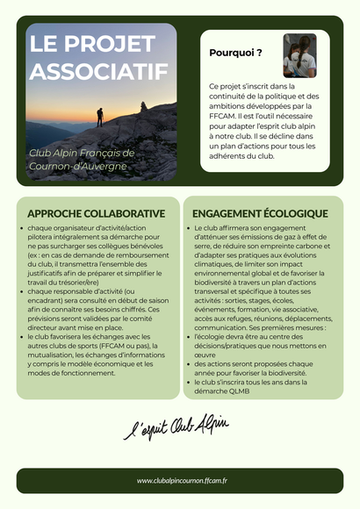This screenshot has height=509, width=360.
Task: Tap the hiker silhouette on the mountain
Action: coord(99,116)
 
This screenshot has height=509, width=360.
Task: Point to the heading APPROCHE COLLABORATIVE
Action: coord(96,213)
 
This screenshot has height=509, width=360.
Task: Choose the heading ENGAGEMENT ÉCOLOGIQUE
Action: coord(260,213)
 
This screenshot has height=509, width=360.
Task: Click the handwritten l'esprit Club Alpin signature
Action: coord(175,428)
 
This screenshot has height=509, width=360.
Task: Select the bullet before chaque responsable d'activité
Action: coord(22,291)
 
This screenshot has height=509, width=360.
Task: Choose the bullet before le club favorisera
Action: coord(22,336)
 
